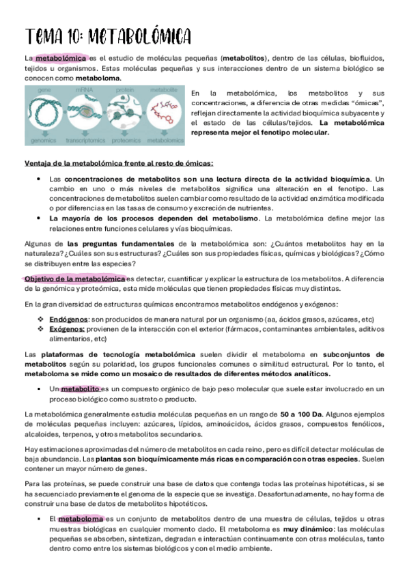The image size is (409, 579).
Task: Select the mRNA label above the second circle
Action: (85, 90)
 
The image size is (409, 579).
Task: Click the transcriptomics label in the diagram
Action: (85, 141)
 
